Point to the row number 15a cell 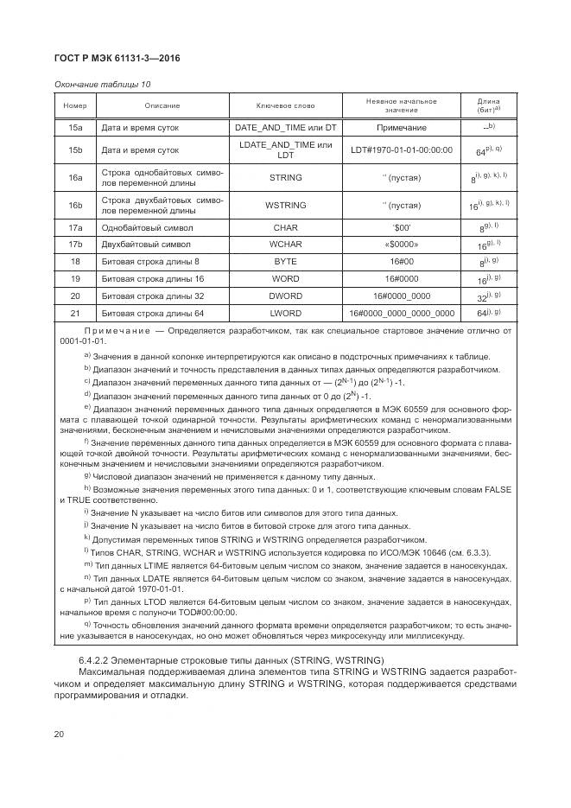(75, 127)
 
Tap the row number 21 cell (75, 313)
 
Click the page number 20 (60, 734)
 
